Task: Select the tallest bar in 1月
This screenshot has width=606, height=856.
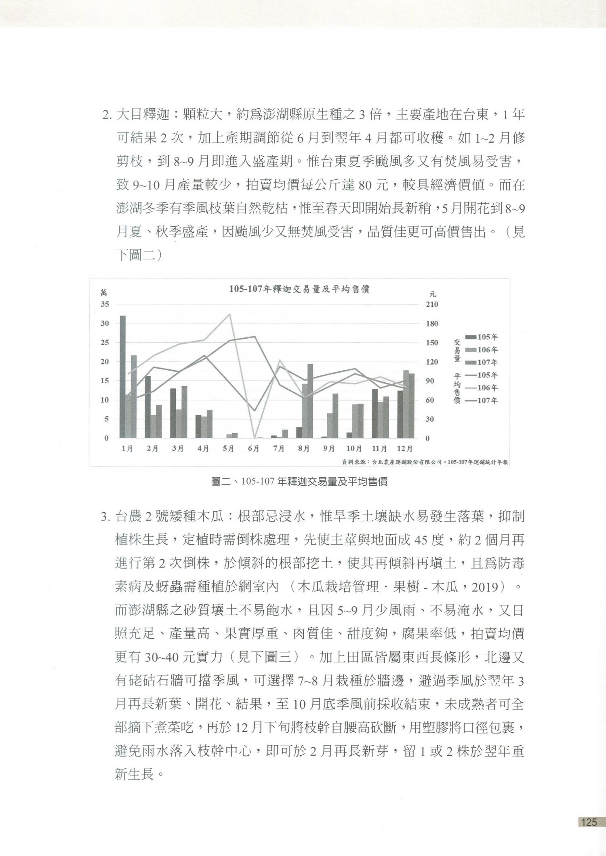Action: coord(122,377)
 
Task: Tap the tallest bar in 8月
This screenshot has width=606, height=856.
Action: coord(310,401)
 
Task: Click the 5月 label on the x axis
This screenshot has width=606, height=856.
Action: coord(228,449)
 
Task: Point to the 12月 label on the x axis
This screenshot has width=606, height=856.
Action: coord(405,449)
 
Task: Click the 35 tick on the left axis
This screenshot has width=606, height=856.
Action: coord(105,304)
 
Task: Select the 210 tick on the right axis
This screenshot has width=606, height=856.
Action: coord(432,304)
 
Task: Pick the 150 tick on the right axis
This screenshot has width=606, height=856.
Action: coord(432,343)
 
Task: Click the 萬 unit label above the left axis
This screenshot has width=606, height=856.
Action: coord(104,293)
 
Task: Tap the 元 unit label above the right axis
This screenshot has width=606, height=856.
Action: coord(433,294)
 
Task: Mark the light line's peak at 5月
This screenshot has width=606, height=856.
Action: coord(230,314)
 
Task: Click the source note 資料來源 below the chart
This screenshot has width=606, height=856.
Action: coord(425,462)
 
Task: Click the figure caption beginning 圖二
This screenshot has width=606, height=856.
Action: coord(299,482)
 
